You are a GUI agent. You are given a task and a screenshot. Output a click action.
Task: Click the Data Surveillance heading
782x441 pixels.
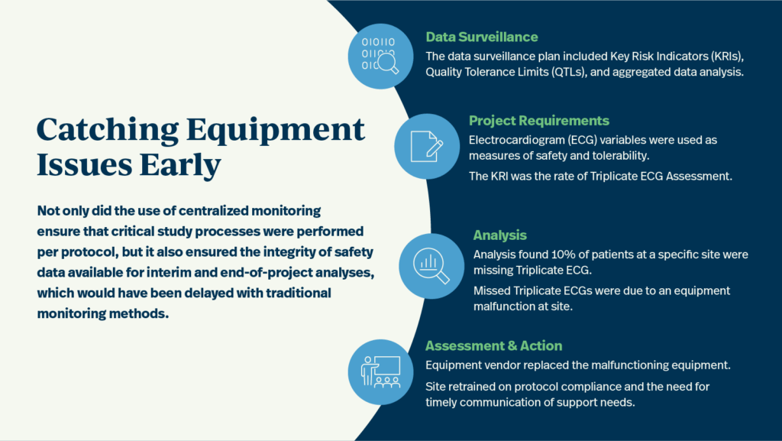pos(481,37)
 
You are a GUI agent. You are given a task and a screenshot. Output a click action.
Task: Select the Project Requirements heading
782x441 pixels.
pos(538,121)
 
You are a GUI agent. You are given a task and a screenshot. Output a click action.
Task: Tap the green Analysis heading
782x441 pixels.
pos(499,235)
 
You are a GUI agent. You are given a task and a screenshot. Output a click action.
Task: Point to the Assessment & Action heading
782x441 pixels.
pos(493,345)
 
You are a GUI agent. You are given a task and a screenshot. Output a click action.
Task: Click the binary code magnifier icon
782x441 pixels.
pos(380,57)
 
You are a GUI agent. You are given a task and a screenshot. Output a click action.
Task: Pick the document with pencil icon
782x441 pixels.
pos(427,146)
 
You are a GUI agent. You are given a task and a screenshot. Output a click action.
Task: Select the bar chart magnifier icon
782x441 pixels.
pos(431,266)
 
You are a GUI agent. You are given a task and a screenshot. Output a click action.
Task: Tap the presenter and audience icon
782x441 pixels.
pos(380,372)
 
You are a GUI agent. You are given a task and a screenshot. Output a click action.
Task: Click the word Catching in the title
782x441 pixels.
pos(108,131)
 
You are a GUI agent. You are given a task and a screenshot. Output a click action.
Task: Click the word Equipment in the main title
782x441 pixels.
pos(276,131)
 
